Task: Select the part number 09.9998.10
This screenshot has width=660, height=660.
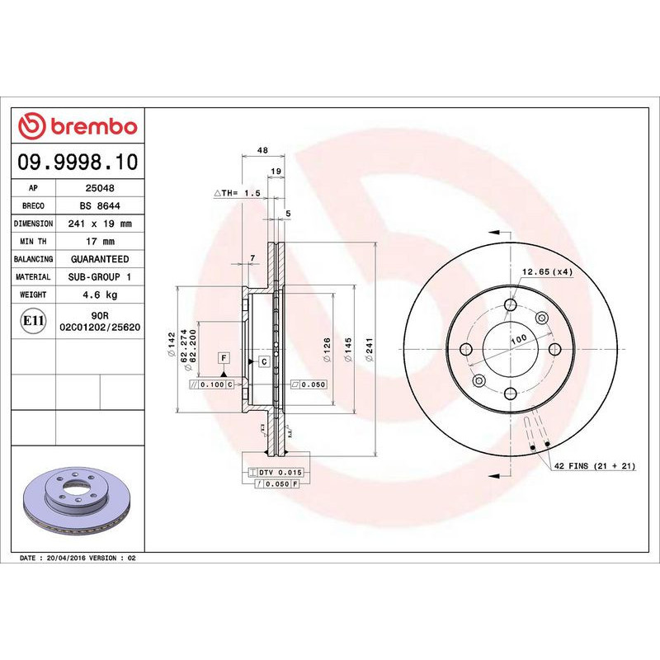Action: [78, 162]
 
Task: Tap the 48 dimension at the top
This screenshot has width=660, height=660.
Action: [262, 150]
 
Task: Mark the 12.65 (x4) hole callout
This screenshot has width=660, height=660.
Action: [546, 272]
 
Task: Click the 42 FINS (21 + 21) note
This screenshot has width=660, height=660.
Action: [594, 467]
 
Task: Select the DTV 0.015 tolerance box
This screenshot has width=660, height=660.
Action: [276, 471]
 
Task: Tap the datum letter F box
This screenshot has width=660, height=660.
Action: [224, 357]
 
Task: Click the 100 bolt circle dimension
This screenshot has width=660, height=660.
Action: [517, 340]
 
